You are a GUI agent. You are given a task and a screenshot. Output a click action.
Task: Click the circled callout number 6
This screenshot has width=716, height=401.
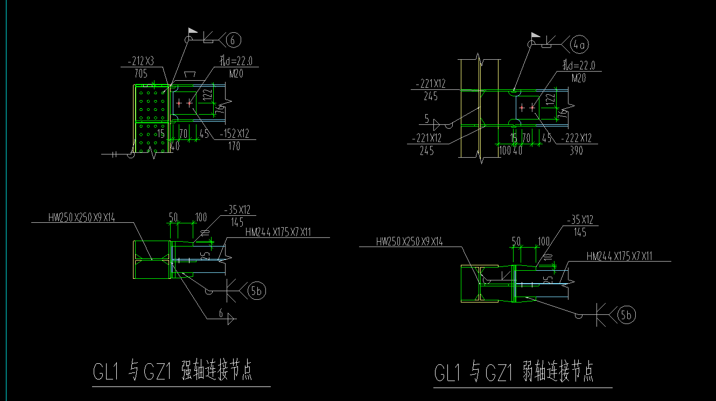click(233, 39)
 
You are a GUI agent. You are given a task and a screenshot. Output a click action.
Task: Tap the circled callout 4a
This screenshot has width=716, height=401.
click(579, 45)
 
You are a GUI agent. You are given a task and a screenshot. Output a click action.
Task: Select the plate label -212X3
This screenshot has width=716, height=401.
click(141, 61)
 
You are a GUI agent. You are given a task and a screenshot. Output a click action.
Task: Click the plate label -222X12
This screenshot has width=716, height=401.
click(576, 139)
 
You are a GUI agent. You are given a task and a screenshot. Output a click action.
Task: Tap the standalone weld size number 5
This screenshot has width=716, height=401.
click(426, 118)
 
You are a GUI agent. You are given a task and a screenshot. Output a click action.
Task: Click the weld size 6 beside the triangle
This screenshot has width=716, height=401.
click(221, 313)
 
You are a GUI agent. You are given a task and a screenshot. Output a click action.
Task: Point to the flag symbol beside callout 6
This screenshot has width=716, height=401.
click(192, 32)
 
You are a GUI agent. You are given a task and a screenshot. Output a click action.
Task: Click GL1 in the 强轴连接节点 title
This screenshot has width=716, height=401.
click(106, 372)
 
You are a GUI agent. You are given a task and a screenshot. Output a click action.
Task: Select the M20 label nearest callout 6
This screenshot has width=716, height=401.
click(236, 74)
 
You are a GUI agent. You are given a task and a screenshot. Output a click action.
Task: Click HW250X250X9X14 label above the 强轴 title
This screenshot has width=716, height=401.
click(82, 217)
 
